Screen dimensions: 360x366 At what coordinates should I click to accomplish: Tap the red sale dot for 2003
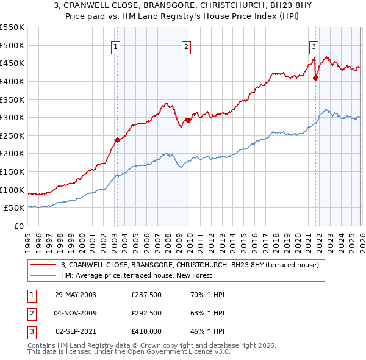(x=117, y=140)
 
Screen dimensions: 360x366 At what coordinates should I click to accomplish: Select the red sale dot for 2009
(x=188, y=120)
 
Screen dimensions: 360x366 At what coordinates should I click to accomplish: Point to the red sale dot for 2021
(x=315, y=77)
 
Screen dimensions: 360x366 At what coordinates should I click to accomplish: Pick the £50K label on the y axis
(x=13, y=207)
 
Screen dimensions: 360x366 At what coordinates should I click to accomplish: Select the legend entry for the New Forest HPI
(x=136, y=275)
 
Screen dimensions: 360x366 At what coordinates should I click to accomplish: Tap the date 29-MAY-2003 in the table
(x=76, y=294)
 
